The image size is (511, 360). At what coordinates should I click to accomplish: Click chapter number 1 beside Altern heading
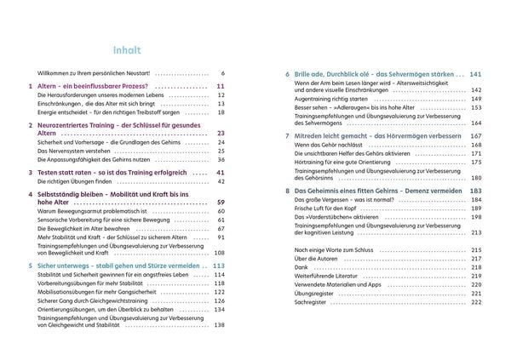pyautogui.click(x=31, y=87)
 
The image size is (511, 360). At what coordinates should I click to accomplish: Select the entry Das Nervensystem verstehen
pyautogui.click(x=76, y=149)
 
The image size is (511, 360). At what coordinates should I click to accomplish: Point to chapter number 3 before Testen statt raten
pyautogui.click(x=31, y=172)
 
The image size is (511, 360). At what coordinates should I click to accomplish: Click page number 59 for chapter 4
pyautogui.click(x=219, y=202)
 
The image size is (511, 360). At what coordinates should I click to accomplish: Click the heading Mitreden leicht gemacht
pyautogui.click(x=346, y=135)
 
